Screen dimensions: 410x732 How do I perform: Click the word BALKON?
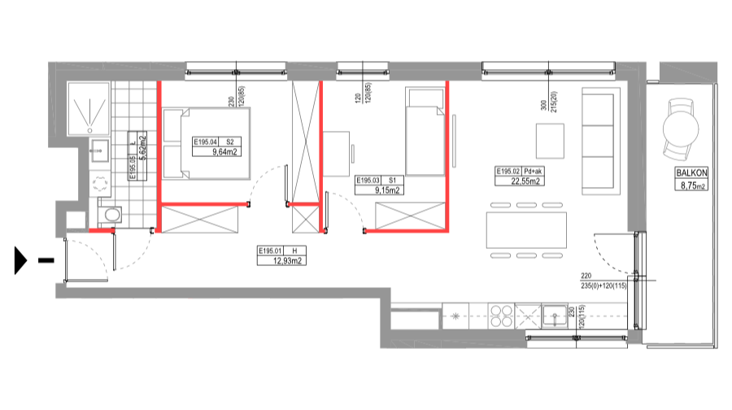click(691, 173)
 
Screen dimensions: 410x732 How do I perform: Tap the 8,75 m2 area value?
click(691, 185)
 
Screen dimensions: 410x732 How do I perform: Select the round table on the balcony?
click(681, 129)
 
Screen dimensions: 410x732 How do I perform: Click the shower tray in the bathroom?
click(88, 107)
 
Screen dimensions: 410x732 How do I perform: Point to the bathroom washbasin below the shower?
click(100, 150)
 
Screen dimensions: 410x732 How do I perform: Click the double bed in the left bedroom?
click(207, 143)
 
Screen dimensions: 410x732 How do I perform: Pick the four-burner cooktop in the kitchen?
click(501, 316)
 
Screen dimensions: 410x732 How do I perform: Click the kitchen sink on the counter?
click(555, 316)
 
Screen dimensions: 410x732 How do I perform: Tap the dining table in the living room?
click(525, 230)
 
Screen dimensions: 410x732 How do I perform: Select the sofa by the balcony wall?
click(599, 140)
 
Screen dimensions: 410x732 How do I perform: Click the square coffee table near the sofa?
click(549, 141)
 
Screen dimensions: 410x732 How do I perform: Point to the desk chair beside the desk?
click(352, 153)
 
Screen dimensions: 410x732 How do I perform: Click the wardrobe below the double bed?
click(199, 220)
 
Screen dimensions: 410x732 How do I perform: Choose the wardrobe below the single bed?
click(410, 216)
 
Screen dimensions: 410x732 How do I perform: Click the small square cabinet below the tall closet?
click(306, 220)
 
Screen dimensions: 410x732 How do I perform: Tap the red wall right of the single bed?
click(447, 155)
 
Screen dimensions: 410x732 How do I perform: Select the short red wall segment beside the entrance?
click(101, 230)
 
